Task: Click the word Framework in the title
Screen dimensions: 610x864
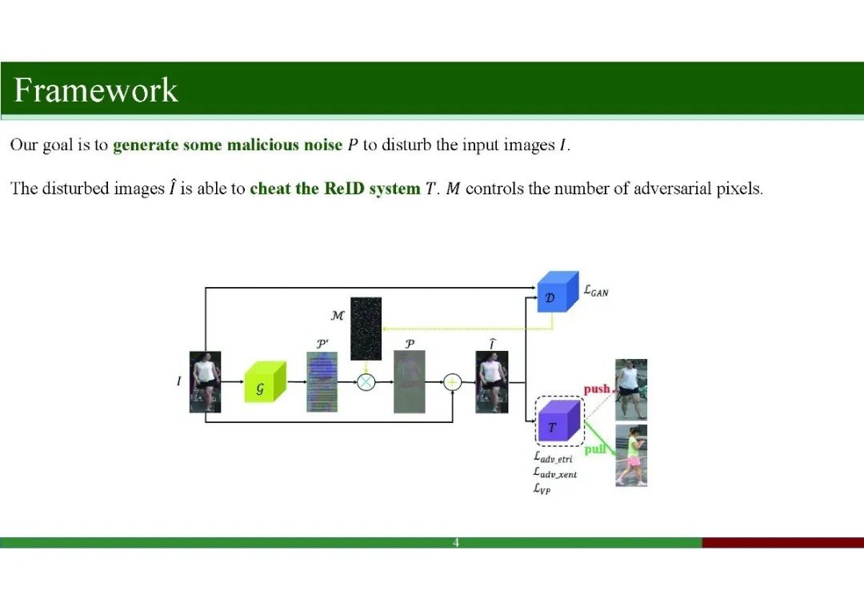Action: click(96, 90)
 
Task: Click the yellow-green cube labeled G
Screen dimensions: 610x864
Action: click(264, 383)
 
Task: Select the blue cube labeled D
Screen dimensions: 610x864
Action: click(556, 292)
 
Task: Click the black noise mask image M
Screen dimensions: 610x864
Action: click(366, 329)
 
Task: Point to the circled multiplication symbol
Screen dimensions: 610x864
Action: click(366, 382)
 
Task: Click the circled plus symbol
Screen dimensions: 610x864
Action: click(452, 382)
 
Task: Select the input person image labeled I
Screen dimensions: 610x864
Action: click(205, 382)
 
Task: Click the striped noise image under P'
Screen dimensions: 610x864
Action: click(322, 382)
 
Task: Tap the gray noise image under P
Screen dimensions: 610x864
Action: click(409, 382)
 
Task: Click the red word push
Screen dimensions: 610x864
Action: click(597, 389)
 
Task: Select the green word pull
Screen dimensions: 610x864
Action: click(594, 449)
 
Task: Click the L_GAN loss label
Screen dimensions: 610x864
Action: click(596, 292)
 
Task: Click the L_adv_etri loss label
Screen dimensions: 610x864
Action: click(553, 458)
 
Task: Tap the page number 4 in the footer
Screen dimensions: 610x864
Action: click(456, 543)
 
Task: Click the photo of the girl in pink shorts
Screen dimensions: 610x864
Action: click(630, 455)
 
